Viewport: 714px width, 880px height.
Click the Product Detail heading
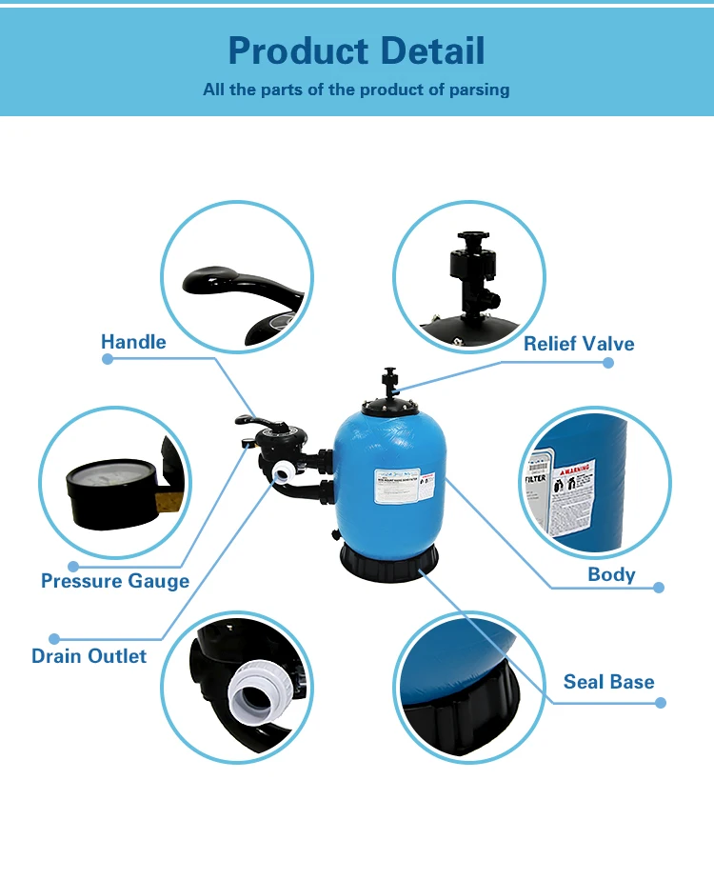point(356,50)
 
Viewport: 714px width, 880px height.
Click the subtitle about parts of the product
point(356,90)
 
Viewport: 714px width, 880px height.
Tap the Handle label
point(133,342)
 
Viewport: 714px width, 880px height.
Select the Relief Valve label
point(579,344)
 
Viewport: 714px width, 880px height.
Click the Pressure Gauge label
point(115,581)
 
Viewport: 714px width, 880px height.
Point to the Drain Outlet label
point(89,656)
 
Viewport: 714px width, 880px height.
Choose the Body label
point(611,574)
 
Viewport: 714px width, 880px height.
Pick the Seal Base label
point(608,682)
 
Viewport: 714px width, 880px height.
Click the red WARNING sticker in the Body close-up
point(575,471)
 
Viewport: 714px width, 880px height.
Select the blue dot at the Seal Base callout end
point(661,703)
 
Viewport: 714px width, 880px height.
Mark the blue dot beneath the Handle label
point(108,359)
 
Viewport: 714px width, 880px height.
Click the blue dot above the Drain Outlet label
point(54,639)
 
